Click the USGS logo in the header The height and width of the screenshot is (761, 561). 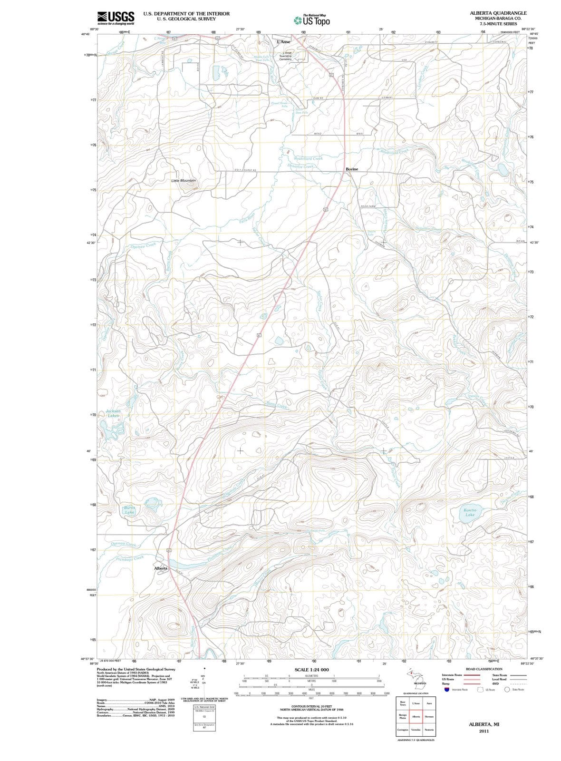[116, 18]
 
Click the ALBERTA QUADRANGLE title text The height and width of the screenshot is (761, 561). [498, 13]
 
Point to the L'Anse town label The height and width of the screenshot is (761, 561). [283, 42]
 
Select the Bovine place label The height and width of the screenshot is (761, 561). [352, 169]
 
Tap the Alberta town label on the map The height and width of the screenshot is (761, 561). [161, 568]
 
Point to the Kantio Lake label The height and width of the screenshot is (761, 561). [470, 512]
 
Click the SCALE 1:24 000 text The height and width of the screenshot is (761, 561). [311, 670]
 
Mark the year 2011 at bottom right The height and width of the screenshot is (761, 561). [484, 731]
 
